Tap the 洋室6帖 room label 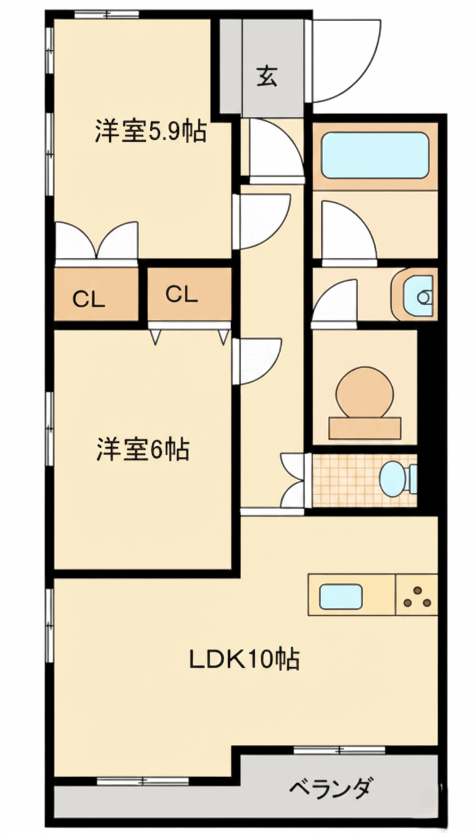click(x=143, y=449)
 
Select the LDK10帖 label click(x=244, y=659)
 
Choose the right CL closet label click(x=182, y=294)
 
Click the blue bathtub click(x=376, y=155)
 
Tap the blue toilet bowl click(x=392, y=479)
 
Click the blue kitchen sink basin click(x=340, y=596)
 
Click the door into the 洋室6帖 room click(x=257, y=361)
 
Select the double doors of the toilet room click(x=293, y=481)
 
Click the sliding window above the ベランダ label click(x=339, y=751)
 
